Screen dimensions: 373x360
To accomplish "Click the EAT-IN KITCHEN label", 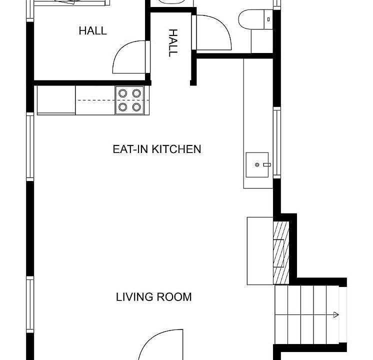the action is click(157, 149).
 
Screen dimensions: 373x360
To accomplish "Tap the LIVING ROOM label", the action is click(153, 297).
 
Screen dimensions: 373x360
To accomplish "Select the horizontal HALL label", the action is click(93, 31).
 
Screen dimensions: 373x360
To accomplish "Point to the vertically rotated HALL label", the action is click(173, 43).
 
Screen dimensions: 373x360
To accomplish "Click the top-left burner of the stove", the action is click(122, 93).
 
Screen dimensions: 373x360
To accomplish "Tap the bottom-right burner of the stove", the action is click(136, 107).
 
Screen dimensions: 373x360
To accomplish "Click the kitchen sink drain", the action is click(257, 164).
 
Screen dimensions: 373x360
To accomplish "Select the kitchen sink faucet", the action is click(267, 164).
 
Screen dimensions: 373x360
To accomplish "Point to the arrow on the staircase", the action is click(335, 315).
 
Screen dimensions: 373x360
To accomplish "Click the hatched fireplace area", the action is click(281, 252).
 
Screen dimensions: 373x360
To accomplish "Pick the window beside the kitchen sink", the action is click(277, 143).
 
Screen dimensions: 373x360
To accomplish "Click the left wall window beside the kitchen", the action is click(30, 146).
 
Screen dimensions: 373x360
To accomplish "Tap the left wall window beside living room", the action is click(30, 304).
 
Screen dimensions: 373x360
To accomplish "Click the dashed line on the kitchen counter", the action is click(113, 100).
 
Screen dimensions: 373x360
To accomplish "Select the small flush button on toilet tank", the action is click(268, 19).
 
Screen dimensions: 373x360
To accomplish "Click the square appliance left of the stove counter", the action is click(56, 100).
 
